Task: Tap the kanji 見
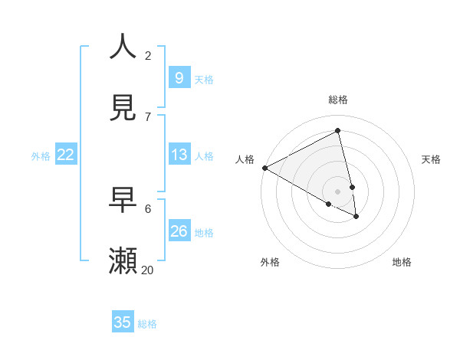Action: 123,107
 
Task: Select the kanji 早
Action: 123,200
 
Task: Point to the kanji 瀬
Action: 123,261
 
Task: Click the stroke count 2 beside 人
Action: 148,55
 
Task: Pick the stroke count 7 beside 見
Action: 148,116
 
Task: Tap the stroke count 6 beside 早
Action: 148,208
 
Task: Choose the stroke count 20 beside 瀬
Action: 148,270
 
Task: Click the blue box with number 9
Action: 179,77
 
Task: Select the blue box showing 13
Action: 179,155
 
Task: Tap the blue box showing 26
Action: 179,231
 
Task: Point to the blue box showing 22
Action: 66,155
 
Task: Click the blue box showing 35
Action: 123,322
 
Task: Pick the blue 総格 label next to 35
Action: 147,324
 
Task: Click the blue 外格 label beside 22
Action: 41,156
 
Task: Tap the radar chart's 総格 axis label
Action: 338,100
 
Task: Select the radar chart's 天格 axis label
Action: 432,159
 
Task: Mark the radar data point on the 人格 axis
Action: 264,168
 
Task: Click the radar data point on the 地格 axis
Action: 356,217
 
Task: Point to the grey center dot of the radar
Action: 338,191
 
